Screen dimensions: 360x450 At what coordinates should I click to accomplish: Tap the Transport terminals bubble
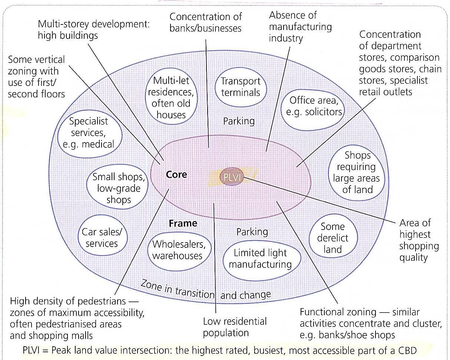click(x=241, y=87)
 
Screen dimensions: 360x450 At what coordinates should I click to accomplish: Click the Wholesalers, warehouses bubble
click(x=177, y=250)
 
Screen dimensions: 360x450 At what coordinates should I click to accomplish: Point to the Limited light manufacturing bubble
click(x=260, y=259)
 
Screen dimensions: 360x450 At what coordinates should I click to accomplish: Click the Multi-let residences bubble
click(x=171, y=97)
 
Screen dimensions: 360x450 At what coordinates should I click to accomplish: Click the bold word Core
click(x=176, y=174)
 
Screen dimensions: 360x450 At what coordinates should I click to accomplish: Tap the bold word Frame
click(x=183, y=223)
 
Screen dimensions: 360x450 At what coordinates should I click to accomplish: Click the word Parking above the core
click(x=239, y=121)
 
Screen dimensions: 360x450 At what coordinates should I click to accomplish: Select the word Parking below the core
click(x=252, y=232)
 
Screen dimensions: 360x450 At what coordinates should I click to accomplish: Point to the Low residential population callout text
click(x=235, y=327)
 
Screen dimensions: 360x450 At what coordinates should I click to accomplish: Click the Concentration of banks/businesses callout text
click(x=205, y=22)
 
